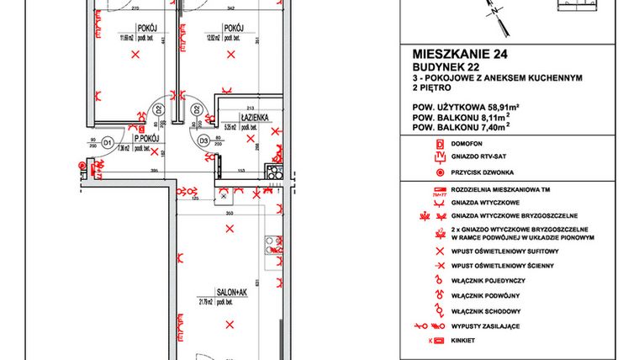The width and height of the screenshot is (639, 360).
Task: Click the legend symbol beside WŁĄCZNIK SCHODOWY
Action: (x=438, y=310)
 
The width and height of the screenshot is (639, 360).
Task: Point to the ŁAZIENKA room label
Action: (x=253, y=119)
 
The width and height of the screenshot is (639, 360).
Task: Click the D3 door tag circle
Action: (x=203, y=141)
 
